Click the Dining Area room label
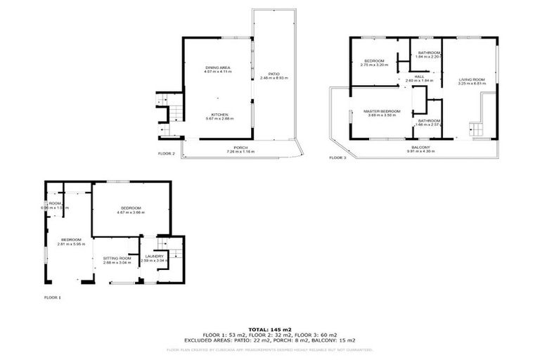point(218,67)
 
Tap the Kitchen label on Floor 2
point(219,114)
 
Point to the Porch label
point(240,148)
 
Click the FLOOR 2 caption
point(166,153)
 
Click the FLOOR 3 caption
point(338,157)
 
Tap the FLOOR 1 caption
point(53,297)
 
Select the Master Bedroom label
point(382,111)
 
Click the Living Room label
point(472,79)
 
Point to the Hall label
point(419,76)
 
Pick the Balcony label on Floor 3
point(420,147)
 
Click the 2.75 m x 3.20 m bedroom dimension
point(374,65)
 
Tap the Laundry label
point(152,256)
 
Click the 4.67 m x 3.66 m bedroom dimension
point(131,212)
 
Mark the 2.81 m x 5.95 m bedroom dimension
point(70,244)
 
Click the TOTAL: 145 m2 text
point(269,329)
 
